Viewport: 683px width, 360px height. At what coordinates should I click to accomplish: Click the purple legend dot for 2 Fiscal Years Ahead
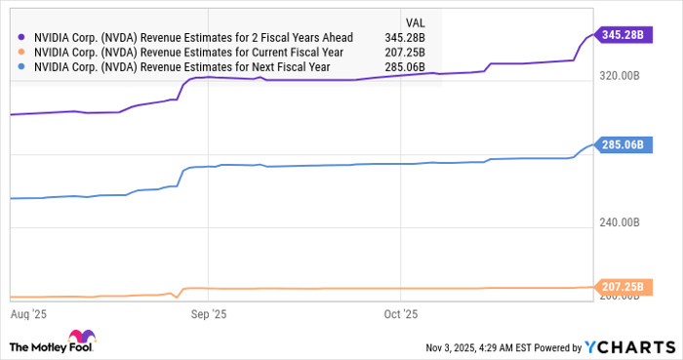20,36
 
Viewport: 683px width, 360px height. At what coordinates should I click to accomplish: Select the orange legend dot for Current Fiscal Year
20,52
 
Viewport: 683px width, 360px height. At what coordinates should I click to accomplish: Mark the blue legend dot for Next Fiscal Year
20,67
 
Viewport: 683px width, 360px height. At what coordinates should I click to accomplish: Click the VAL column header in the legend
418,20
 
